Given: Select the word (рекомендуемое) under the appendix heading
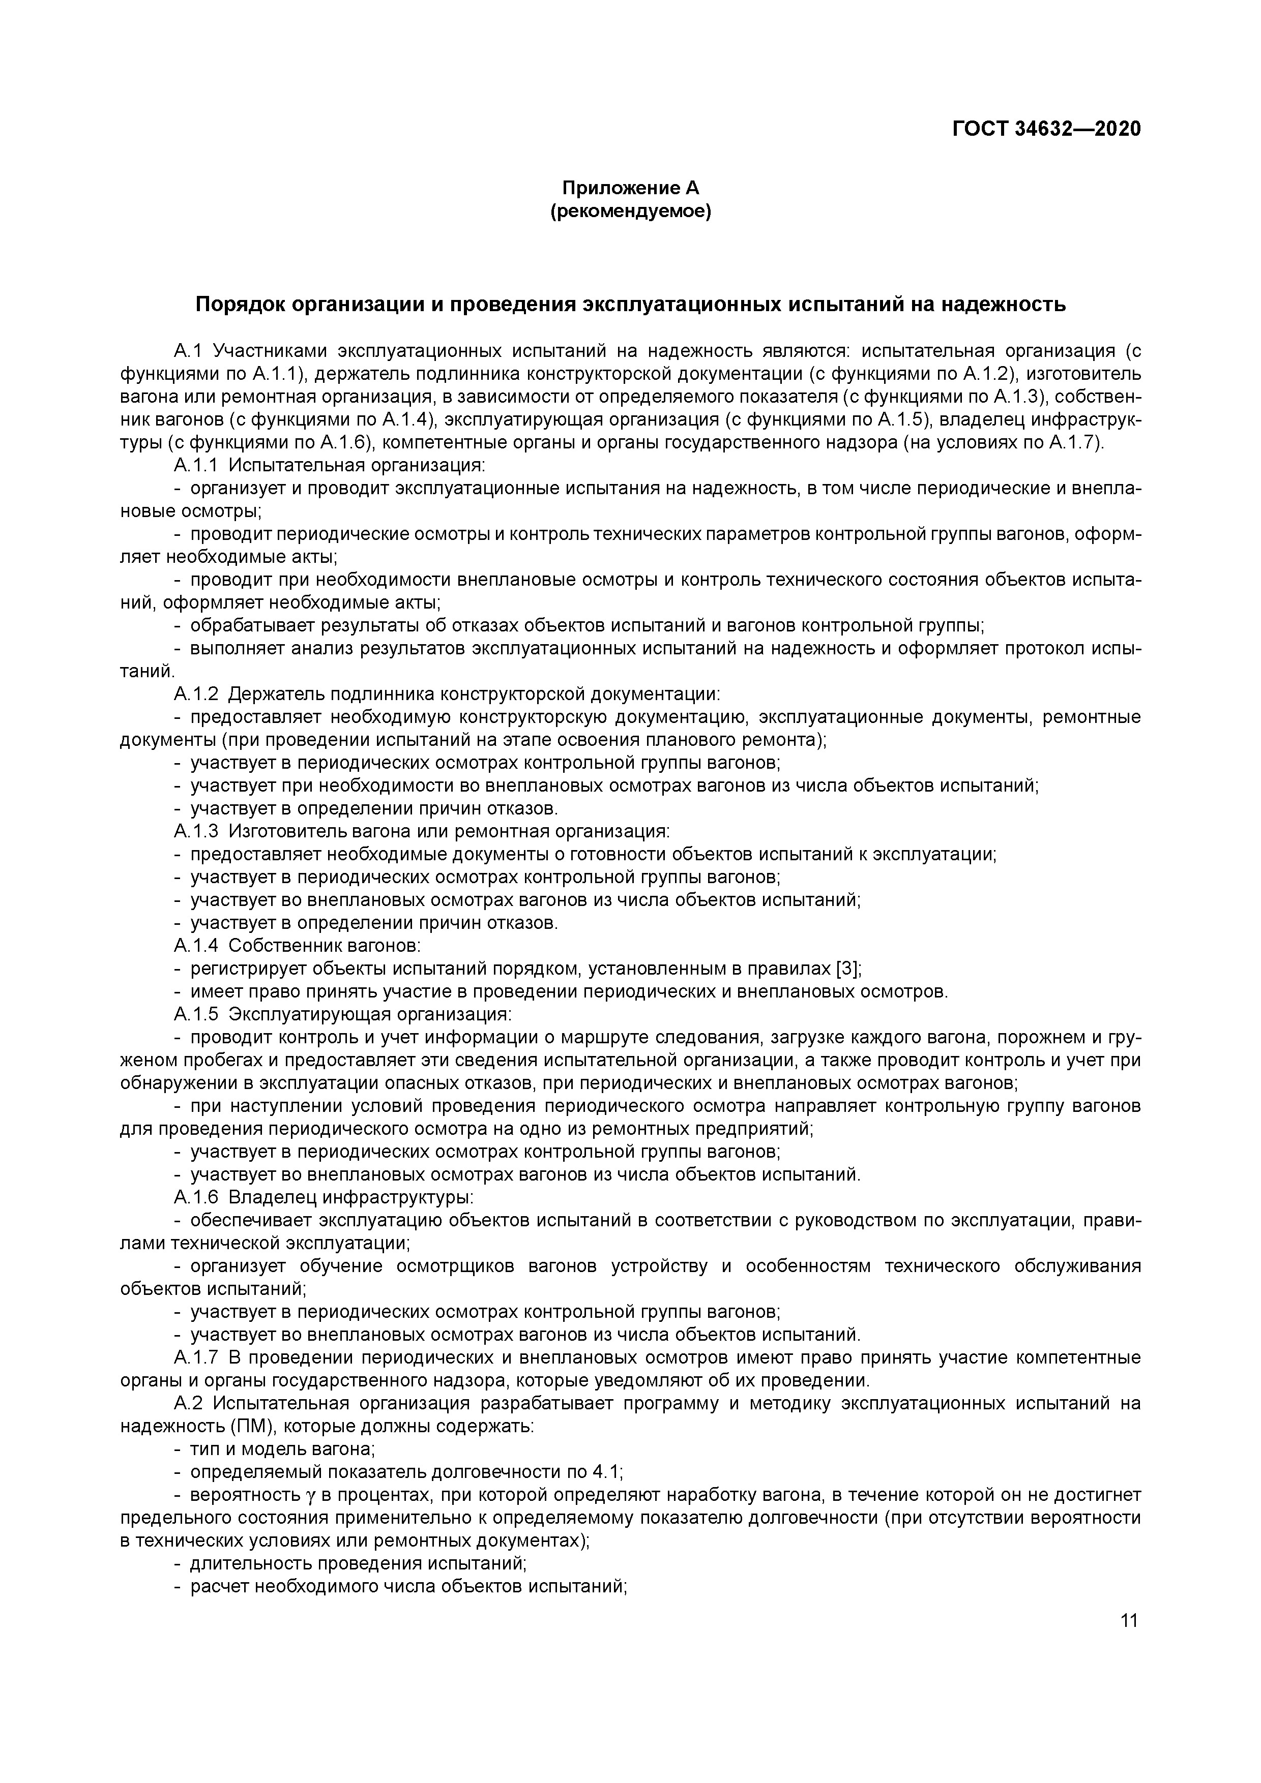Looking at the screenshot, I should pos(630,211).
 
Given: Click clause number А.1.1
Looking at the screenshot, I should pos(197,465).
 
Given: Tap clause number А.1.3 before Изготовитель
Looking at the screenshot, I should pos(197,831).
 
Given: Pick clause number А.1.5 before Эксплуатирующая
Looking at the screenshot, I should pos(197,1014).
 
